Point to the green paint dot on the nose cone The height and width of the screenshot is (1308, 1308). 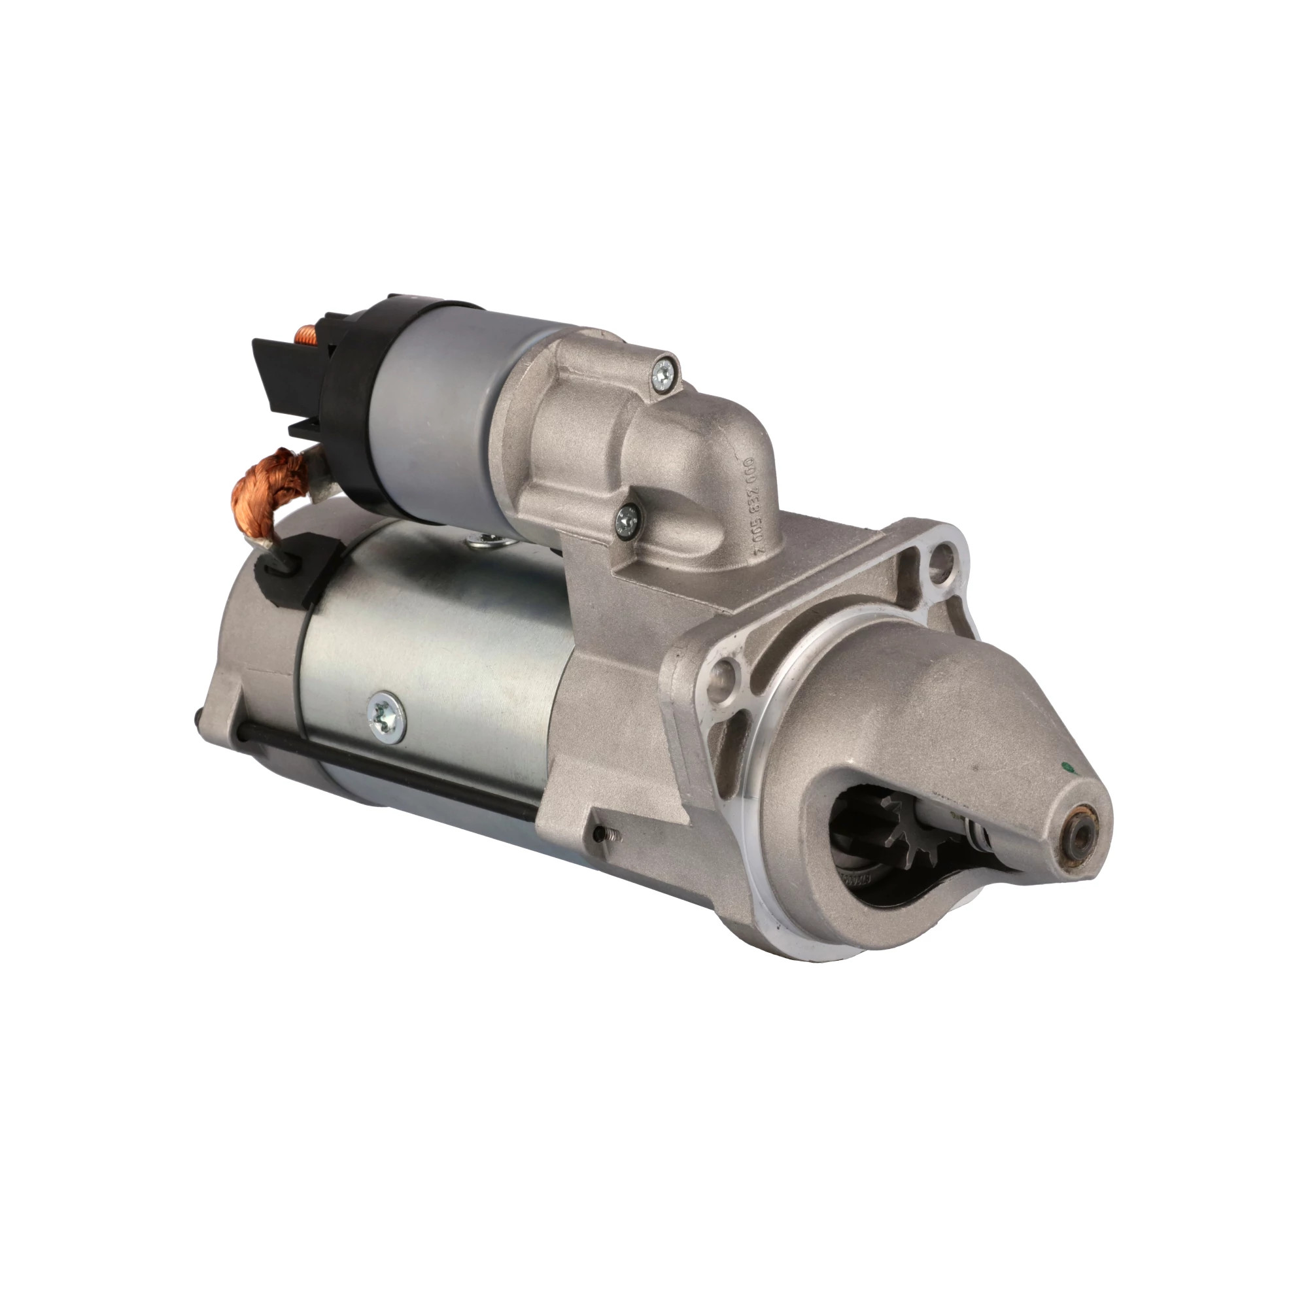coord(1068,767)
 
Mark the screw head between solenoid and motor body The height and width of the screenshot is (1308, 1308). coord(481,539)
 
